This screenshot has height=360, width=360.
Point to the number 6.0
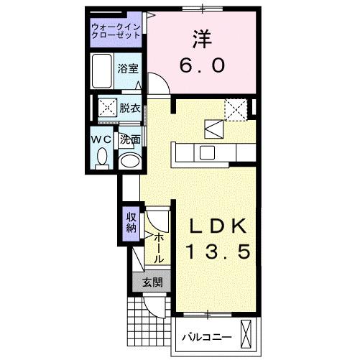pos(202,65)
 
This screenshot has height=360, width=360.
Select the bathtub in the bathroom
pos(103,70)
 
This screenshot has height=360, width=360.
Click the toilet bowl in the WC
pos(102,156)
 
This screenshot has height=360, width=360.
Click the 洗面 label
pos(130,139)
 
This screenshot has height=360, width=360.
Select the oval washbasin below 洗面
pos(129,160)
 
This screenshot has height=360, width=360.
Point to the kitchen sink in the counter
pos(207,152)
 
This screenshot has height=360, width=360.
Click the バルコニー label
pos(206,336)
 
